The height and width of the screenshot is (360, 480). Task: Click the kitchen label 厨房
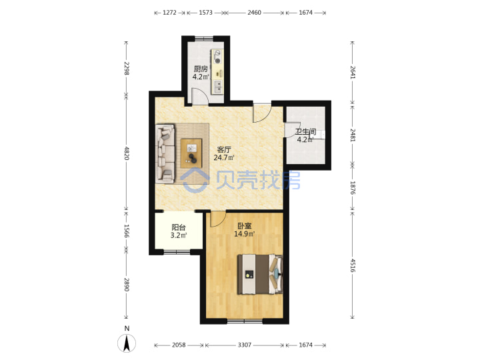(201, 69)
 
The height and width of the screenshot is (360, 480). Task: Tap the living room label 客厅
(224, 150)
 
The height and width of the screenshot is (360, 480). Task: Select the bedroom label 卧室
(245, 226)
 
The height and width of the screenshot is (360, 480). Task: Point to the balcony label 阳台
(179, 227)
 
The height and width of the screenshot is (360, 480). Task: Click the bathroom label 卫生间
(305, 132)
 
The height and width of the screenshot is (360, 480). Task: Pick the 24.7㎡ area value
(224, 157)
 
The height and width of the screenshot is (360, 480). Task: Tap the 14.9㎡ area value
(244, 234)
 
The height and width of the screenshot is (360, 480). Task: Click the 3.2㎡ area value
(179, 235)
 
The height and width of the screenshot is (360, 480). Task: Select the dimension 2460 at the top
(255, 13)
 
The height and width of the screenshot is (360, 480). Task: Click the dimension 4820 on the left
(127, 153)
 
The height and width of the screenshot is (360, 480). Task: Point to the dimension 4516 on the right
(353, 265)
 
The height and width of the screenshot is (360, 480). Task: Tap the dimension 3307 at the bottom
(244, 345)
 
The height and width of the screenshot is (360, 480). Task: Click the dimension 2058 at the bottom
(179, 345)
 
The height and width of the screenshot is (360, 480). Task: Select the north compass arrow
(127, 343)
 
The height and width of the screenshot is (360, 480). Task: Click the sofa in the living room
(165, 154)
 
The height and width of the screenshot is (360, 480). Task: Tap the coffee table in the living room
(191, 153)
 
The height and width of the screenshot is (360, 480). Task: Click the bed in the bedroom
(260, 274)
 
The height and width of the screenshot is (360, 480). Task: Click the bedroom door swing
(217, 219)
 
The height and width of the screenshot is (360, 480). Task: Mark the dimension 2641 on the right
(353, 73)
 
